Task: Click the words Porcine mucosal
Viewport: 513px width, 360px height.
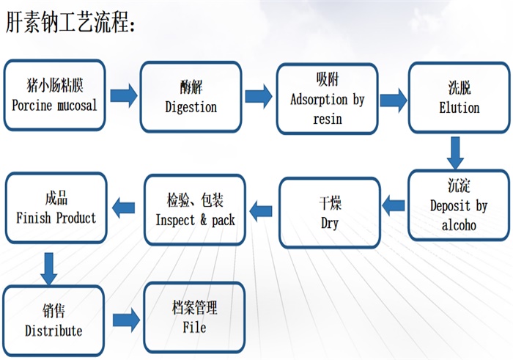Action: tap(55, 106)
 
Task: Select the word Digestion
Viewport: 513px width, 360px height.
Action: tap(191, 107)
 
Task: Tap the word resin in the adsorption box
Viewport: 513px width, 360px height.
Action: tap(328, 119)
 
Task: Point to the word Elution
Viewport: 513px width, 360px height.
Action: tap(460, 108)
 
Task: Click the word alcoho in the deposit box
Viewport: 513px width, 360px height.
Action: tap(459, 225)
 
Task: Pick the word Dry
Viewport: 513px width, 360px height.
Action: tap(330, 224)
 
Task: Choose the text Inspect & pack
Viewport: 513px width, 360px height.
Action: tap(196, 220)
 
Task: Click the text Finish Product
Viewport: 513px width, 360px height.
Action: tap(56, 218)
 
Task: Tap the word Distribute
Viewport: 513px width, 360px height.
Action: tap(53, 331)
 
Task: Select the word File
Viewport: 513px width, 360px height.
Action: tap(194, 327)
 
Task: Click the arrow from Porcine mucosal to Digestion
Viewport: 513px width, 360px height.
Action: tap(124, 95)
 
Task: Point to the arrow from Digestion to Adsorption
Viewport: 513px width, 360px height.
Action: tap(259, 96)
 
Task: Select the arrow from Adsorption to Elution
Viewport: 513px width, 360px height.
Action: tap(394, 100)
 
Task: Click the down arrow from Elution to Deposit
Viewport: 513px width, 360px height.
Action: tap(455, 153)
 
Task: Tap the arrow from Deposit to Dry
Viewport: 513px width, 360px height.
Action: tap(394, 206)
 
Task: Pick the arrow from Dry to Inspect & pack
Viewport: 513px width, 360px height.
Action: tap(261, 211)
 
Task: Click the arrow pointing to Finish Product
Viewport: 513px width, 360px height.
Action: tap(123, 207)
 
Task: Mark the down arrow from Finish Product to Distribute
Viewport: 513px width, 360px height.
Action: tap(49, 268)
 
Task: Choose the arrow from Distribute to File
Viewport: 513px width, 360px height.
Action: tap(126, 320)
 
